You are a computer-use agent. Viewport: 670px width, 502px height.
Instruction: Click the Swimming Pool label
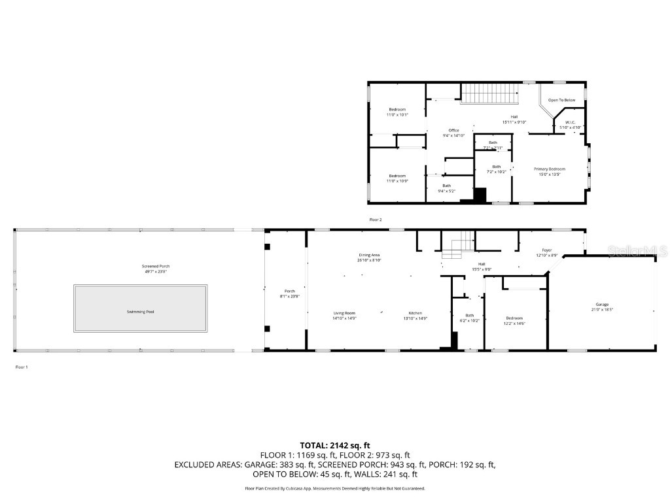pyautogui.click(x=141, y=312)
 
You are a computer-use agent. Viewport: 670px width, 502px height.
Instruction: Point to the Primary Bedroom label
pyautogui.click(x=549, y=169)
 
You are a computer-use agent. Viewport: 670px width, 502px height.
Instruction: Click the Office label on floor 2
pyautogui.click(x=453, y=131)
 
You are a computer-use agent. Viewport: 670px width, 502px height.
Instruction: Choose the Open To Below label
pyautogui.click(x=561, y=100)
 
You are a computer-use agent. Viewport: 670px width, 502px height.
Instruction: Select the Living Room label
pyautogui.click(x=344, y=313)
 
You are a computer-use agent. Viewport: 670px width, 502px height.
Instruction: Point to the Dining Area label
pyautogui.click(x=369, y=255)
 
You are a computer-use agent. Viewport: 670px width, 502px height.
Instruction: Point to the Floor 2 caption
pyautogui.click(x=375, y=220)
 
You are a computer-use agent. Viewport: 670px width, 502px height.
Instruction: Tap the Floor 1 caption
pyautogui.click(x=22, y=367)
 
